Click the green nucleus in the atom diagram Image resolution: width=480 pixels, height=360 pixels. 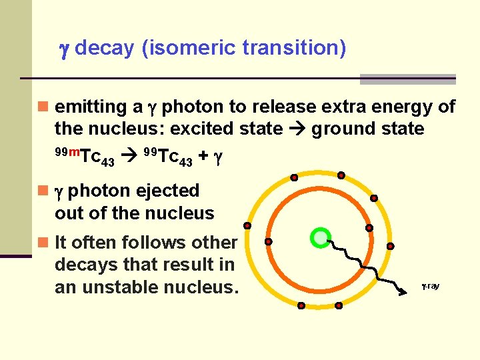(321, 237)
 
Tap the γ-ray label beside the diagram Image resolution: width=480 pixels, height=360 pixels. (430, 286)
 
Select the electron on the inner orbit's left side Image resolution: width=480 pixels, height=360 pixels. (268, 241)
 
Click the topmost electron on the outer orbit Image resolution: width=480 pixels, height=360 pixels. (341, 175)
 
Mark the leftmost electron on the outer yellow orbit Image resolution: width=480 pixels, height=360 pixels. (247, 225)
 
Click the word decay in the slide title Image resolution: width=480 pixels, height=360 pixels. (105, 49)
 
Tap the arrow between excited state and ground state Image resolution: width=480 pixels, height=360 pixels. (295, 129)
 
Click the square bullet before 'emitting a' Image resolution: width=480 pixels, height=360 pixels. (43, 107)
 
